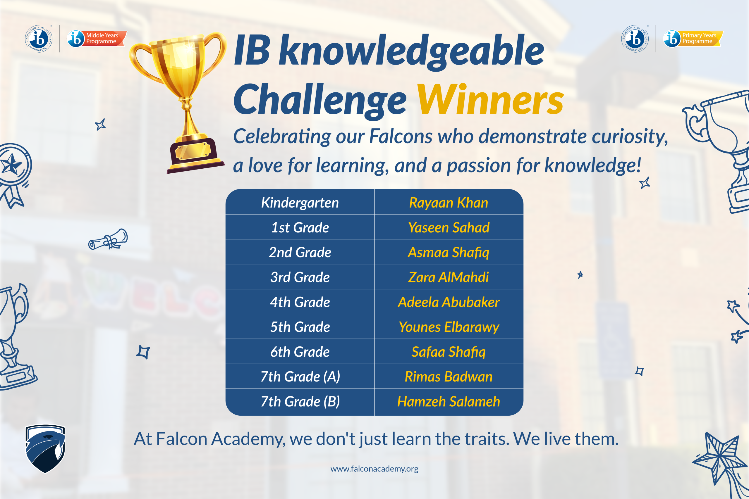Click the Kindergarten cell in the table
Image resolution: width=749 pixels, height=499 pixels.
click(x=300, y=203)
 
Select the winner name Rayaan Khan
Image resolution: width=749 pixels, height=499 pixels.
click(x=449, y=203)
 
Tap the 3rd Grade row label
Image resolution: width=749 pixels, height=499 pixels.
click(x=300, y=277)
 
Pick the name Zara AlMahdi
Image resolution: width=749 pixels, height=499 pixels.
click(x=449, y=277)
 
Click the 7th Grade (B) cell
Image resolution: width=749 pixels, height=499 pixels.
click(x=300, y=402)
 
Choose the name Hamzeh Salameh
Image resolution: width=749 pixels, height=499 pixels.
click(x=449, y=402)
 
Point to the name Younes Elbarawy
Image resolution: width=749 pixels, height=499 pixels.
click(x=449, y=327)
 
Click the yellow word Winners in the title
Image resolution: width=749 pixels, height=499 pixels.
click(x=490, y=99)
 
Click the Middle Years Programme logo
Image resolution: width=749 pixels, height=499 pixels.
click(x=97, y=39)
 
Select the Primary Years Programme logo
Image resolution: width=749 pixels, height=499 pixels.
click(x=693, y=39)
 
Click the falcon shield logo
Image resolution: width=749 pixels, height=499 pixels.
click(x=45, y=449)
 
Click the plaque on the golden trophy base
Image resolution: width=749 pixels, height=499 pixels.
click(x=193, y=151)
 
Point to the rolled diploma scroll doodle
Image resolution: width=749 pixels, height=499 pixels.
click(x=108, y=239)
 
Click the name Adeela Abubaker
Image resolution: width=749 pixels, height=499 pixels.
click(x=449, y=302)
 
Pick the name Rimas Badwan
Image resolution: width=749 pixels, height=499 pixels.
click(x=449, y=377)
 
